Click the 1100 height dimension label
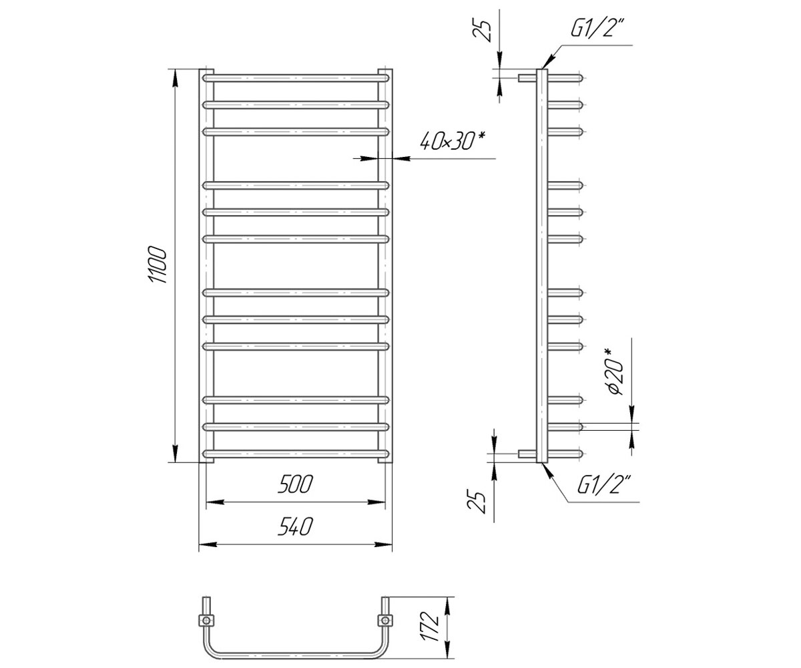(158, 265)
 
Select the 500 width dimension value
(296, 484)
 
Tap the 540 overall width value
(296, 526)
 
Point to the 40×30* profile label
(453, 141)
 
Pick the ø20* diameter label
(615, 371)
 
